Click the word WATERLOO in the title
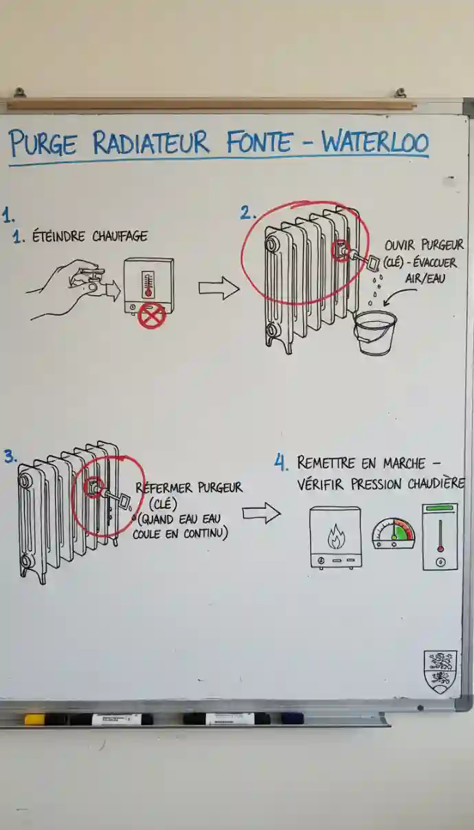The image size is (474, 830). tap(375, 142)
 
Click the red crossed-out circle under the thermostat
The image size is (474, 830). tap(152, 316)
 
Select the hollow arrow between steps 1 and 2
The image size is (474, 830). tap(219, 287)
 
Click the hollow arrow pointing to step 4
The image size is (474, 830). tap(262, 514)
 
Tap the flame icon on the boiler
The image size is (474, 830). tap(337, 536)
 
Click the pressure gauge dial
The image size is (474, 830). tap(394, 534)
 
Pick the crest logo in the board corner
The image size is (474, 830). tap(440, 672)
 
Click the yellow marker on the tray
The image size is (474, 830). tap(35, 719)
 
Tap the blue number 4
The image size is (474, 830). tap(281, 463)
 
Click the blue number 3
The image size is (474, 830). tap(10, 457)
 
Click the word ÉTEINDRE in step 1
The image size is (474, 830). tap(58, 237)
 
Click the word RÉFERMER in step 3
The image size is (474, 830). tap(164, 488)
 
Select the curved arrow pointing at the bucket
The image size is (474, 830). tap(399, 296)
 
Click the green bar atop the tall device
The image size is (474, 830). tap(440, 507)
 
